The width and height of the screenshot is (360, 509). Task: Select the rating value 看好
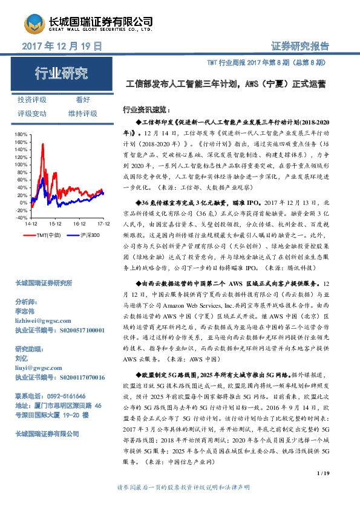83,100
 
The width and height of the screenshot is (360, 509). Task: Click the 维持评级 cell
83,113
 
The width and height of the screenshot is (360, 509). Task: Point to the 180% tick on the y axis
21,134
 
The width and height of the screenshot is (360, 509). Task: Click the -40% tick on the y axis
22,217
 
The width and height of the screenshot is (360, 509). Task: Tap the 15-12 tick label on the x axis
55,223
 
